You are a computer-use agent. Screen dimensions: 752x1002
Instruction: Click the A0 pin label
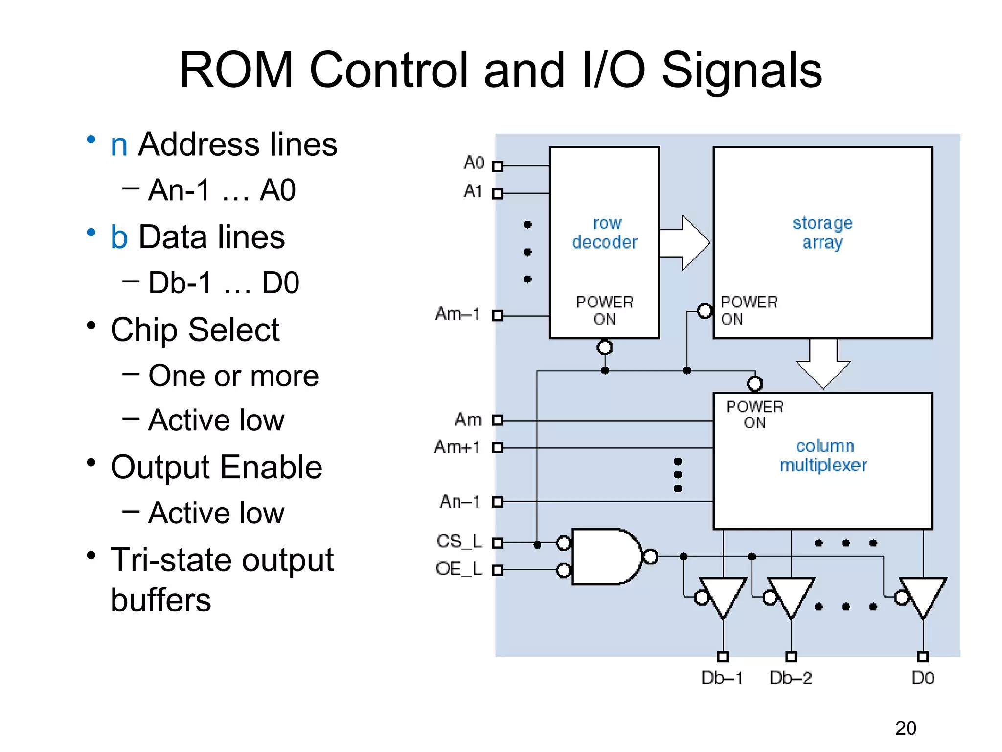(474, 163)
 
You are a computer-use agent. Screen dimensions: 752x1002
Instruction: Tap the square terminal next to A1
(498, 194)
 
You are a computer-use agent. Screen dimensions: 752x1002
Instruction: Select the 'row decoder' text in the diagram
(605, 233)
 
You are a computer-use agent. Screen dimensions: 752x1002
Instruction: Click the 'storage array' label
(822, 233)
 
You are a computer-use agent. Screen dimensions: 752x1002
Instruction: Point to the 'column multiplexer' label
(824, 455)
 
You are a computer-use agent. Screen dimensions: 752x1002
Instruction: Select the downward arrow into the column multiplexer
(823, 365)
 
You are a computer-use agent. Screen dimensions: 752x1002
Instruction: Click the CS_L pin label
(459, 541)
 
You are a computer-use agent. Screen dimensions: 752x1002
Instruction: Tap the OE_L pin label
(458, 568)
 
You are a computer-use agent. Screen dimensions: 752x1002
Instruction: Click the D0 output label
(923, 678)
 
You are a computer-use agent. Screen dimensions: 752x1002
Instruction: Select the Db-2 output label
(791, 678)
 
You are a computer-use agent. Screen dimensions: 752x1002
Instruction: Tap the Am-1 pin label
(457, 314)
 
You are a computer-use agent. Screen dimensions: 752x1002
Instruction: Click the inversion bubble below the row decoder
(605, 348)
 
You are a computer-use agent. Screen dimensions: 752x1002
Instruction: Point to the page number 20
(906, 728)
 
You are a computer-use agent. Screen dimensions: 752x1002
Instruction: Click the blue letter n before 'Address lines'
(119, 145)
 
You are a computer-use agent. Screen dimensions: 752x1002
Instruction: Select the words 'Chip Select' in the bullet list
(195, 329)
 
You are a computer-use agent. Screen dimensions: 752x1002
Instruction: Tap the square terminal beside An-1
(498, 502)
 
